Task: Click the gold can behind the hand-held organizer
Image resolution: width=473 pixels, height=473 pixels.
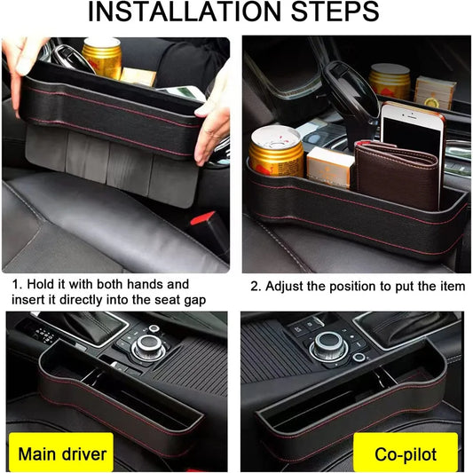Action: pos(101,59)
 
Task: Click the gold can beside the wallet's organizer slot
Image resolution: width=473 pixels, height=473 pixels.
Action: pos(275,151)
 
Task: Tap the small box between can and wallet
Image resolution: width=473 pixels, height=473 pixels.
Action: pos(331,167)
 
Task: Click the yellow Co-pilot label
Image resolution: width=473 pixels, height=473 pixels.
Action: pos(406,453)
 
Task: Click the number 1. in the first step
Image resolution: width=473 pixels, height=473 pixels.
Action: pos(16,285)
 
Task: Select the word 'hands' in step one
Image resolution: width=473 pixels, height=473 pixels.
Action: pos(167,285)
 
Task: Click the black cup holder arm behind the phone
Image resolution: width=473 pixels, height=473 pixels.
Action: pos(342,89)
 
